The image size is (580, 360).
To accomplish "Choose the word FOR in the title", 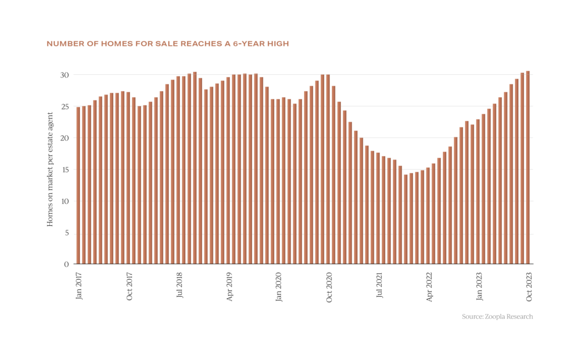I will coord(142,44).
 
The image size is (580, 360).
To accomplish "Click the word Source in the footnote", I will coord(472,316).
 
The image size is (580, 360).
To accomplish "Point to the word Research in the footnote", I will coord(521,316).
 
